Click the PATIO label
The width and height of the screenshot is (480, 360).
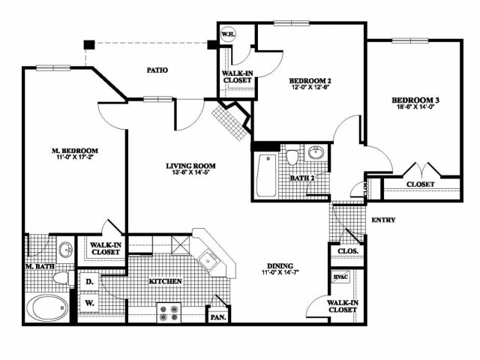157,70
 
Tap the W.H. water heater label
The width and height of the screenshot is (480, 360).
228,33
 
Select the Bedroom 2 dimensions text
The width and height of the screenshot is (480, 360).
310,87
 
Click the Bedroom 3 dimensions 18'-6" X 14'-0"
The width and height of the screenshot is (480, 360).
412,107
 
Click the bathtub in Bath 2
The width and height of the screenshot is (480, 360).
266,175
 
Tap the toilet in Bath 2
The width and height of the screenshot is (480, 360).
292,157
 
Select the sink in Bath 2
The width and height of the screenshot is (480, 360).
313,154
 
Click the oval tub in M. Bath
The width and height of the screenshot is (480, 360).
46,307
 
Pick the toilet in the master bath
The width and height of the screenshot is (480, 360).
61,278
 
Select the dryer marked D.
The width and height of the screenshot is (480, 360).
88,282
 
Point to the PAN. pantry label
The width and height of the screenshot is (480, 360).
218,317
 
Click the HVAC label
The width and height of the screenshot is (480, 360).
340,277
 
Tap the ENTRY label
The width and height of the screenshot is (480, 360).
383,220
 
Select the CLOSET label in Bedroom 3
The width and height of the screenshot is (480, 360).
420,184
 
